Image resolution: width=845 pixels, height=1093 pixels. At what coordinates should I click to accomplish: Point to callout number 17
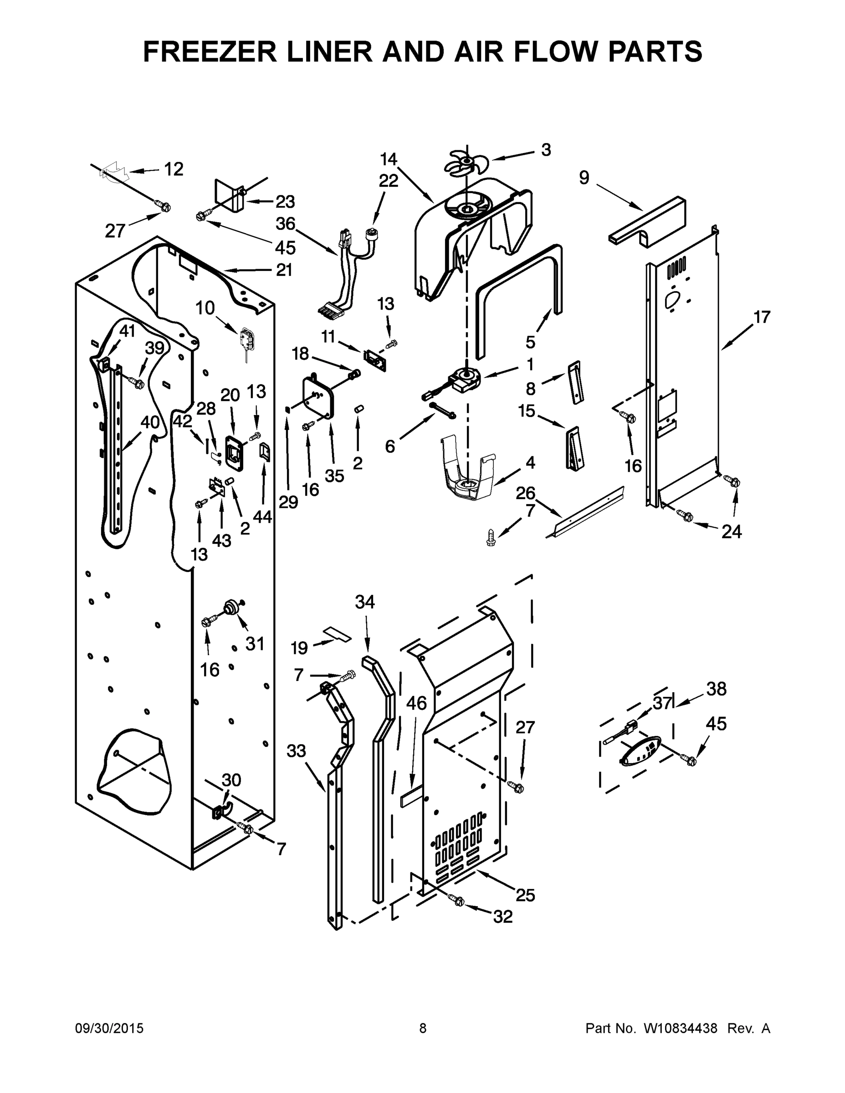point(761,317)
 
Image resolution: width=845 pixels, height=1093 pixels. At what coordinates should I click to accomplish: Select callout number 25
point(526,895)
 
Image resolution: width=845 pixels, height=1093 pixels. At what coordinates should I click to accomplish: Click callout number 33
point(297,751)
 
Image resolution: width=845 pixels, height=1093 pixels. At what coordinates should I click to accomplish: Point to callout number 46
point(416,703)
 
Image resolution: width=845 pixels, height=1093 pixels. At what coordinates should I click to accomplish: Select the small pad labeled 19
point(338,634)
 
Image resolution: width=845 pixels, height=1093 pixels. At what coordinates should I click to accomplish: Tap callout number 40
point(150,422)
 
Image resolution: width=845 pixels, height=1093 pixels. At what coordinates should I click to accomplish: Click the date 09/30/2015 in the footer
point(109,1028)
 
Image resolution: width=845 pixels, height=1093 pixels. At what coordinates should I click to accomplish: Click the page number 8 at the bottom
point(423,1028)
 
